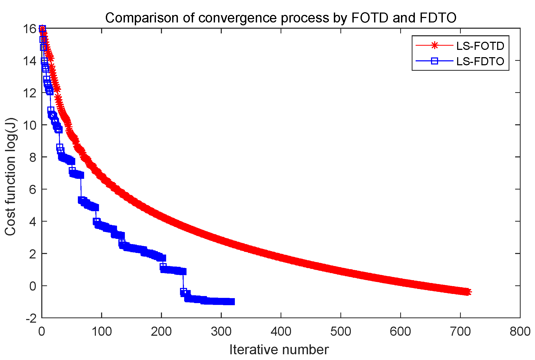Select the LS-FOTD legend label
point(480,46)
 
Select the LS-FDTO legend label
point(480,61)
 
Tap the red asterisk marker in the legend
point(434,45)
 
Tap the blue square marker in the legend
point(434,61)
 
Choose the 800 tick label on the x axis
point(520,332)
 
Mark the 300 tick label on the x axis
point(221,332)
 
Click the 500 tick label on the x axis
point(341,332)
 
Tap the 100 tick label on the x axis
point(102,332)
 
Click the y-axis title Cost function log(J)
point(11,176)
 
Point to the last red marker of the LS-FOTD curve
point(468,292)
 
